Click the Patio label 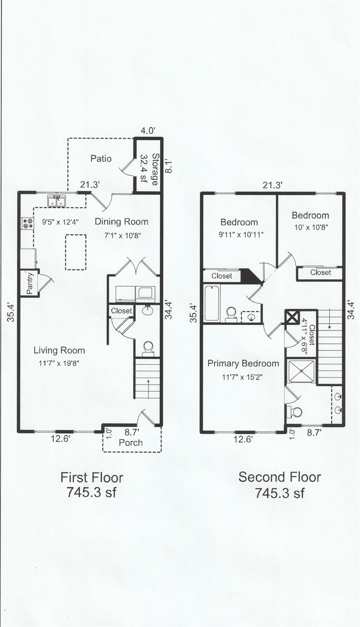(x=101, y=158)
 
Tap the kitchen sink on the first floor (x=56, y=201)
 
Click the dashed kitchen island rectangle (x=76, y=252)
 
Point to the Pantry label (x=30, y=283)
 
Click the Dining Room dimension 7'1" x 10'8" (x=122, y=236)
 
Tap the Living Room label (x=59, y=350)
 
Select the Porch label (x=131, y=442)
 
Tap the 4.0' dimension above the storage (x=148, y=131)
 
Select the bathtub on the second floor (x=212, y=303)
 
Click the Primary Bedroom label (x=243, y=363)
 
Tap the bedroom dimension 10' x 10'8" (x=311, y=227)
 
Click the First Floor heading (x=92, y=478)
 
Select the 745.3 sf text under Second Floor (x=280, y=493)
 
